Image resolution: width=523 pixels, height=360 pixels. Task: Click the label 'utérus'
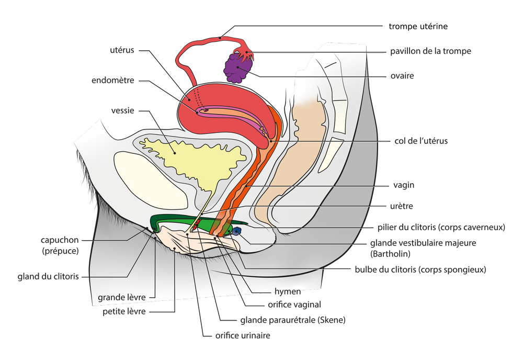(x=122, y=51)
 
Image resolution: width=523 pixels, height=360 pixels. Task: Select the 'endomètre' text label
(x=112, y=81)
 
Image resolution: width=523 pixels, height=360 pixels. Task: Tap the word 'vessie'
(x=123, y=111)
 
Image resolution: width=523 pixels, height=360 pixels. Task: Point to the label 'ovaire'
(x=402, y=76)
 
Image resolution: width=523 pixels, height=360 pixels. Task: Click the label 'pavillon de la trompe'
(x=431, y=51)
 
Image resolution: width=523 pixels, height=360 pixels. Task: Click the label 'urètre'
(x=402, y=206)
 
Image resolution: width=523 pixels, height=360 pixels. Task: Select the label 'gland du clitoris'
(x=48, y=276)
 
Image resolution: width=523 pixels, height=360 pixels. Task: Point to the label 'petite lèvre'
(x=124, y=312)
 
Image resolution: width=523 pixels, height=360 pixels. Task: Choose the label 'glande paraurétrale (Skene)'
(x=293, y=320)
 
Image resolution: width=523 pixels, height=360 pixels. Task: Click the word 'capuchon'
(x=60, y=241)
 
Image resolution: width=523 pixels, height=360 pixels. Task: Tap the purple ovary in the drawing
(x=238, y=67)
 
